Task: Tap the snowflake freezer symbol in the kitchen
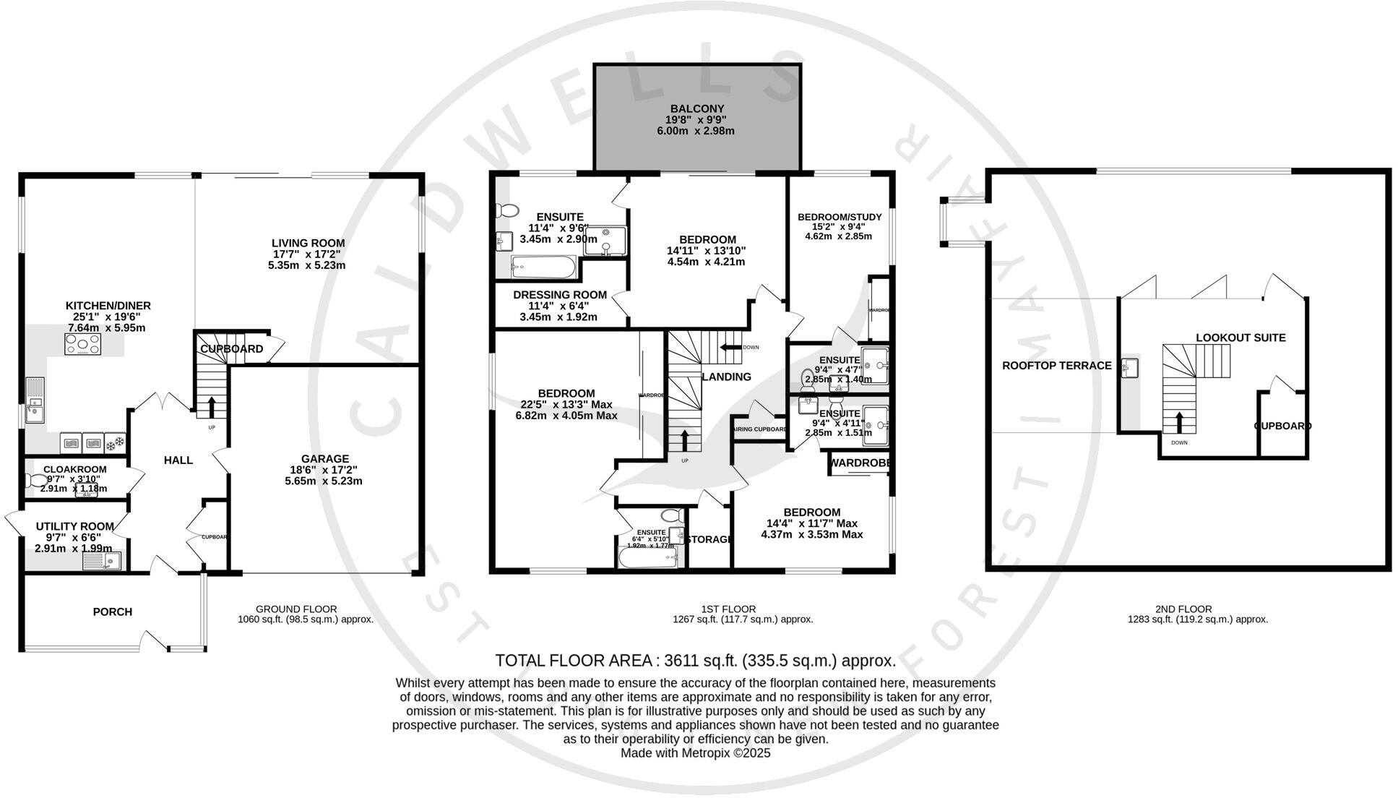coord(116,442)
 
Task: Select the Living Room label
coord(308,244)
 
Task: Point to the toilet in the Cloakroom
coord(35,480)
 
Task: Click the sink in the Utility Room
coord(102,562)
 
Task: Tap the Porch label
coord(113,612)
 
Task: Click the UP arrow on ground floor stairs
coord(212,408)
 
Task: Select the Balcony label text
coord(697,109)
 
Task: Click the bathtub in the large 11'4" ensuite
coord(543,268)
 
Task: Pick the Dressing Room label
coord(560,295)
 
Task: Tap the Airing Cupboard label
coord(760,429)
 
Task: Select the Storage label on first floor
coord(708,539)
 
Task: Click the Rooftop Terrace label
coord(1056,366)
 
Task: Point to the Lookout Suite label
coord(1240,338)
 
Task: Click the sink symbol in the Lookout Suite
coord(1130,367)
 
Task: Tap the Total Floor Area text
coord(695,660)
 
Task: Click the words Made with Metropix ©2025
coord(695,752)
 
